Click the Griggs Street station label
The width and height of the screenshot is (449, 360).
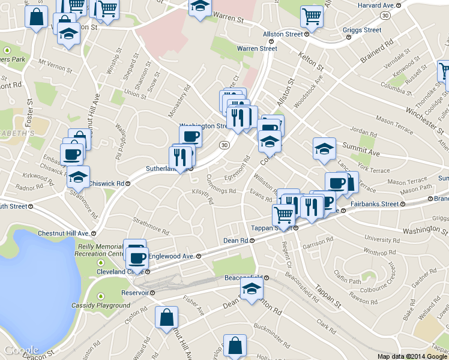pos(362,29)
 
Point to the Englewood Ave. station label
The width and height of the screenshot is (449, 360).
pos(170,256)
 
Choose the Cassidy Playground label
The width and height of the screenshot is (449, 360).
pos(101,305)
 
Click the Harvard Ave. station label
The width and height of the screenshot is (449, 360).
pos(376,5)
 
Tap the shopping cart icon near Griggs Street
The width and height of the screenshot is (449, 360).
pos(312,17)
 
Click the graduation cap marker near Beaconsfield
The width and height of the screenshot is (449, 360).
pos(252,290)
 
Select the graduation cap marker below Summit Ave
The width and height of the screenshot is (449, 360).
pos(324,150)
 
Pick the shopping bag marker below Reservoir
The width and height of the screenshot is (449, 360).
pos(166,318)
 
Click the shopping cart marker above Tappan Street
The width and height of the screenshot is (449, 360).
pos(283,214)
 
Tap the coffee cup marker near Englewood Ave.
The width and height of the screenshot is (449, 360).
pos(137,258)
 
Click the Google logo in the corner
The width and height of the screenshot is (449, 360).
pos(21,350)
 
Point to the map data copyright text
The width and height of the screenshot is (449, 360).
pos(412,356)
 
